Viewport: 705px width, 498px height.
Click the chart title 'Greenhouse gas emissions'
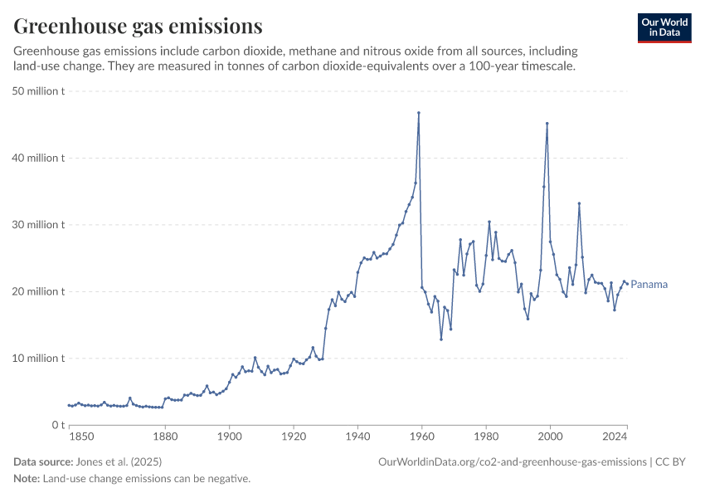pos(138,27)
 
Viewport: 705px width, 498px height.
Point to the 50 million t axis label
pos(39,91)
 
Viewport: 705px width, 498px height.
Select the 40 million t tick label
pos(39,158)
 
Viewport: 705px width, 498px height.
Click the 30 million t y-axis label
pos(39,225)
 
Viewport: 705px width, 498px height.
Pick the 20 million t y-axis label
pos(39,291)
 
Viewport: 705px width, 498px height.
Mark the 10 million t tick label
pos(39,359)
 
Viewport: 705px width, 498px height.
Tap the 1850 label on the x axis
pos(80,436)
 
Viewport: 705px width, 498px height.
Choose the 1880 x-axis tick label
pos(165,436)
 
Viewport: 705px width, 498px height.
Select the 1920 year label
pos(294,436)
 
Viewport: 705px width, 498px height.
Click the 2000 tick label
pos(550,436)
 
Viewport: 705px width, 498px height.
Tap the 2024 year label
pos(615,436)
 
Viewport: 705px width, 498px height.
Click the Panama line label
pos(649,285)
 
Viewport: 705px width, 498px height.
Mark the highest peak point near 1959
pos(419,113)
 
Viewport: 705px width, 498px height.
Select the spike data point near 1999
pos(547,124)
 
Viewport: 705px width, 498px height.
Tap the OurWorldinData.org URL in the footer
pos(512,461)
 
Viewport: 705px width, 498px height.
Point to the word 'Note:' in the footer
pos(27,479)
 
